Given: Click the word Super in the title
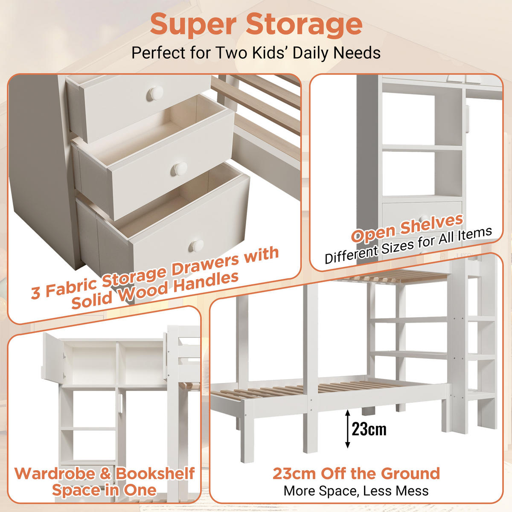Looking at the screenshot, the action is pyautogui.click(x=193, y=24).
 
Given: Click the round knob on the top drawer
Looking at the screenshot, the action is pyautogui.click(x=156, y=93).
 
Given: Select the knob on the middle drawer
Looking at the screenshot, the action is pyautogui.click(x=180, y=169).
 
